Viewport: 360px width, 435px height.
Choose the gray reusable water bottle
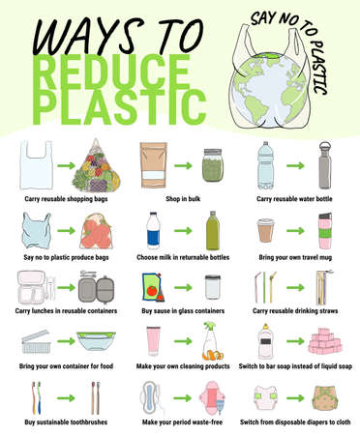[x=325, y=163]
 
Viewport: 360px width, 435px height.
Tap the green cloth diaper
[x=325, y=397]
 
